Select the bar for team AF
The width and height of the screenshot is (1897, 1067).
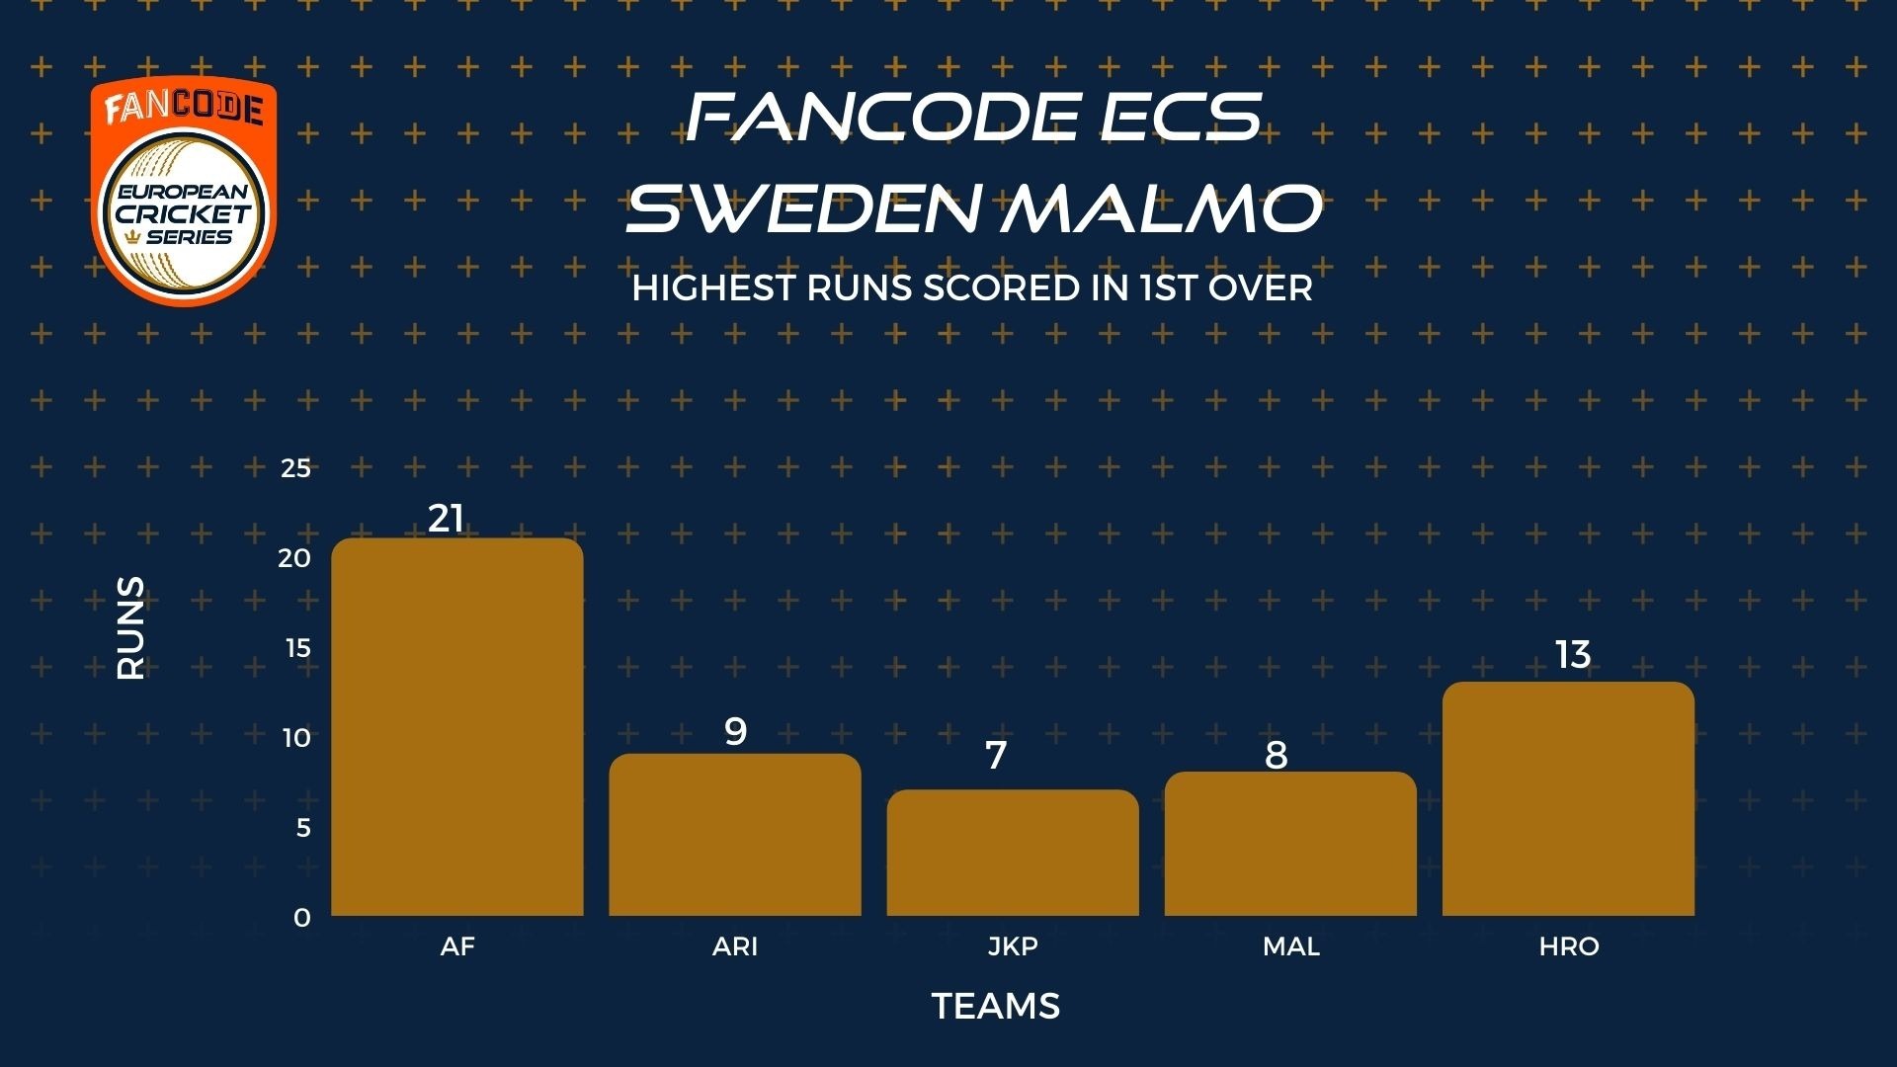pyautogui.click(x=457, y=726)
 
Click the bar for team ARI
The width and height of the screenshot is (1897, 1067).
pyautogui.click(x=735, y=835)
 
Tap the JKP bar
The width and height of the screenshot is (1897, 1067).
pyautogui.click(x=1013, y=853)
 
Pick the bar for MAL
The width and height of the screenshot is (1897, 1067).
pyautogui.click(x=1290, y=844)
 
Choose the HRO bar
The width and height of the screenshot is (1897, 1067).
pyautogui.click(x=1568, y=798)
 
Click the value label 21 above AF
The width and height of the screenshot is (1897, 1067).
pyautogui.click(x=446, y=519)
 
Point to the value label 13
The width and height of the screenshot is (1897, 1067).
pyautogui.click(x=1573, y=654)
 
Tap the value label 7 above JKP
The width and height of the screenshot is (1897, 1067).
pyautogui.click(x=996, y=756)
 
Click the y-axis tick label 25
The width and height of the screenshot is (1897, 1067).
pyautogui.click(x=296, y=468)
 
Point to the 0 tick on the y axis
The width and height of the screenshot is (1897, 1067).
pyautogui.click(x=302, y=918)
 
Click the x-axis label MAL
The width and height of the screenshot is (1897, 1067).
pyautogui.click(x=1291, y=946)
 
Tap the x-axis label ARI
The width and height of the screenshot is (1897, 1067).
pyautogui.click(x=735, y=946)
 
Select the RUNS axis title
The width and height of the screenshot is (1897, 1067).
pyautogui.click(x=130, y=628)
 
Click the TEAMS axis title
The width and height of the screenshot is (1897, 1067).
pyautogui.click(x=996, y=1007)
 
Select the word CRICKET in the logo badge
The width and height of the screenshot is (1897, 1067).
pyautogui.click(x=184, y=213)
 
